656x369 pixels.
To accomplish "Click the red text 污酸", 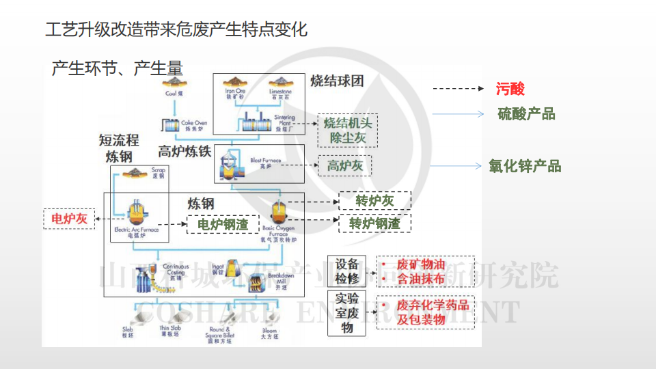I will pyautogui.click(x=510, y=89).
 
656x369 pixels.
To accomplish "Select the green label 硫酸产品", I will pyautogui.click(x=526, y=114).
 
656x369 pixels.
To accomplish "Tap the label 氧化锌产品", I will pyautogui.click(x=525, y=166).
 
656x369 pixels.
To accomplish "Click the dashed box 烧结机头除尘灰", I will pyautogui.click(x=348, y=131).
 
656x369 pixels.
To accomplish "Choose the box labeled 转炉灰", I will pyautogui.click(x=375, y=201).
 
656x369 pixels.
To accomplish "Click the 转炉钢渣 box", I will pyautogui.click(x=374, y=223).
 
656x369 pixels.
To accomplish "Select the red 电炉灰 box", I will pyautogui.click(x=69, y=219).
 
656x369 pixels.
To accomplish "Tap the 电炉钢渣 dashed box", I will pyautogui.click(x=223, y=223).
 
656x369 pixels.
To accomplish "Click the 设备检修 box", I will pyautogui.click(x=346, y=271).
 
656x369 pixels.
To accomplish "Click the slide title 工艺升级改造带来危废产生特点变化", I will pyautogui.click(x=176, y=30).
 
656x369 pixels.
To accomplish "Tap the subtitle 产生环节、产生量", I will pyautogui.click(x=117, y=68).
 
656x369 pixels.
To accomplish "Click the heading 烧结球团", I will pyautogui.click(x=337, y=81).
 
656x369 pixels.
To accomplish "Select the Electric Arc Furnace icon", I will pyautogui.click(x=137, y=213).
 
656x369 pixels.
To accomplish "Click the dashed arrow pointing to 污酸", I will pyautogui.click(x=459, y=89).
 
